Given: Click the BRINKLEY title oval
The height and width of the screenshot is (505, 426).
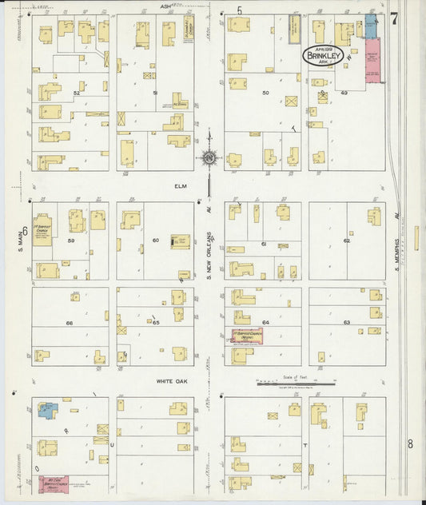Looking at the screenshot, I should tap(323, 56).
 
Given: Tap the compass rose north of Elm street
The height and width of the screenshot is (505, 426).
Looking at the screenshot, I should tap(209, 157).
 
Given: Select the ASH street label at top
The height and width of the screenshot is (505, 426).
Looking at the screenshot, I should tap(165, 6).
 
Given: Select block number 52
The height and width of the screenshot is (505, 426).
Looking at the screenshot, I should tap(78, 93).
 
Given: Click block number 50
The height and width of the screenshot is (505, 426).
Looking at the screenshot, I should tap(265, 93).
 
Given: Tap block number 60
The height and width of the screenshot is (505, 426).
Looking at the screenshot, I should tap(156, 240).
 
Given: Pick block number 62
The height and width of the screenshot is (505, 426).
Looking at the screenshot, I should tap(346, 240).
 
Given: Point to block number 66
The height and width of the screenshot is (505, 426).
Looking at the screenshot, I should tap(70, 323).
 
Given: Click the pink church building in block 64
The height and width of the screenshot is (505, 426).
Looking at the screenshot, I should tap(247, 336).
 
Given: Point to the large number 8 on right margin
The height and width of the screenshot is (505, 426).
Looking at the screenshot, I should tap(409, 443).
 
